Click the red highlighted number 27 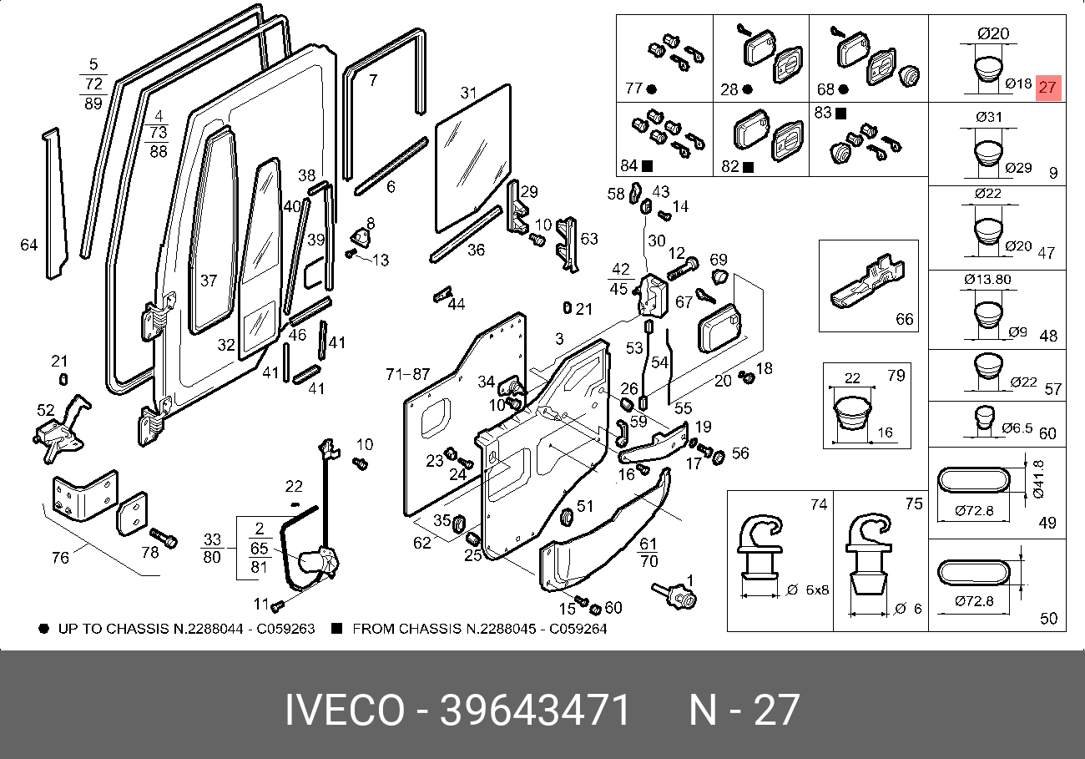(x=1048, y=87)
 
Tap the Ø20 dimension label (x=993, y=34)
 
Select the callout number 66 (x=905, y=319)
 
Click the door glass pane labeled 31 (x=472, y=159)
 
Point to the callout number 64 (x=29, y=245)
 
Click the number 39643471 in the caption (x=535, y=711)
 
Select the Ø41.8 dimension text (x=1038, y=479)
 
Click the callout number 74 (x=819, y=504)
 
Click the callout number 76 (x=60, y=557)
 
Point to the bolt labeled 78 (x=164, y=539)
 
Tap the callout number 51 (x=585, y=505)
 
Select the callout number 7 (x=373, y=81)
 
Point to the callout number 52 (x=45, y=410)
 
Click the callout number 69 (x=719, y=259)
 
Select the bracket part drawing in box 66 (x=865, y=284)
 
